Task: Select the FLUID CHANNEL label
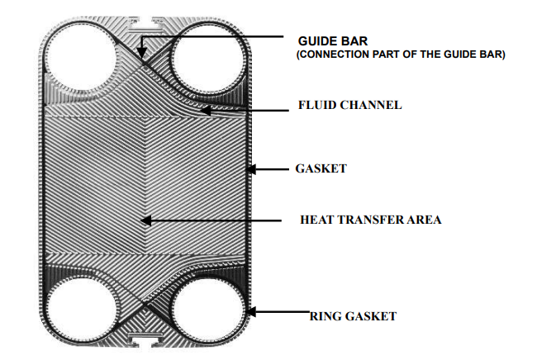[x=349, y=105]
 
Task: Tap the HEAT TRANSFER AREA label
[x=370, y=220]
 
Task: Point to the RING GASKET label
[x=353, y=315]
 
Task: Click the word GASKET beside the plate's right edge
[x=321, y=169]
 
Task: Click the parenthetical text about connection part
[x=401, y=54]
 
